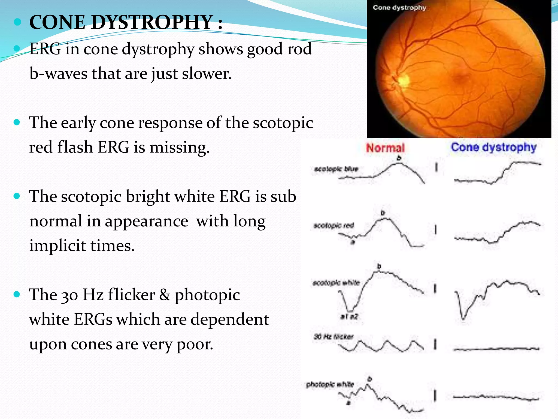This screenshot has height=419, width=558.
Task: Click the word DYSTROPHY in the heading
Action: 152,22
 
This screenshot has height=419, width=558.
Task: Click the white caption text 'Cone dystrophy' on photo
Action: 399,8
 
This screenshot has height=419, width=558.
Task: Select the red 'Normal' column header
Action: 385,148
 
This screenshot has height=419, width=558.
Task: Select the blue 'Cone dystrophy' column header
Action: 493,147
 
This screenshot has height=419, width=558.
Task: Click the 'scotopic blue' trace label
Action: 336,169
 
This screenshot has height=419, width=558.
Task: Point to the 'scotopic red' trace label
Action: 334,226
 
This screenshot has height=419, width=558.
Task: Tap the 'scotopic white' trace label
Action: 336,283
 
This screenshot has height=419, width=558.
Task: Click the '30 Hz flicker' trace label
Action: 333,337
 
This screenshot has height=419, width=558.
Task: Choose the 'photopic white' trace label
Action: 330,385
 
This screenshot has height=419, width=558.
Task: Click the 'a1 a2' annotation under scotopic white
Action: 349,317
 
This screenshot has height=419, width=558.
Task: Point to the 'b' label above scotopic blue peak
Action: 399,158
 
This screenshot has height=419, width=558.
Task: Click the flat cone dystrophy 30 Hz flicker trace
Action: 496,349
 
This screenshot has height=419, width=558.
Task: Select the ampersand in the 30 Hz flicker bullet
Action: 165,295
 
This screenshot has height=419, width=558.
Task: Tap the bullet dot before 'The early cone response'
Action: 17,122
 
